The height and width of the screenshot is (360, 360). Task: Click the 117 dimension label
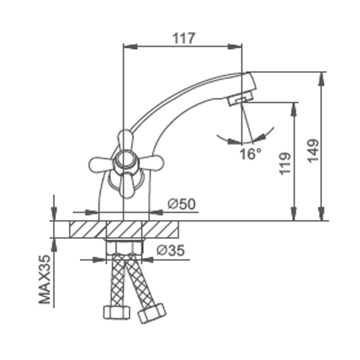pyautogui.click(x=184, y=38)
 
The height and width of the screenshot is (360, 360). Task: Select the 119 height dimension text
pyautogui.click(x=285, y=163)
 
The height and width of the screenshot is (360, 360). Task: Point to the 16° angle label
pyautogui.click(x=250, y=154)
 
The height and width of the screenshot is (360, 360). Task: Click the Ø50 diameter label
pyautogui.click(x=181, y=204)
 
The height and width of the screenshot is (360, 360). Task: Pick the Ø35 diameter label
pyautogui.click(x=171, y=250)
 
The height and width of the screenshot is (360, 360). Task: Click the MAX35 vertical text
pyautogui.click(x=45, y=279)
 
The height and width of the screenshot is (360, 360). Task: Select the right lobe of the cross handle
pyautogui.click(x=151, y=163)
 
